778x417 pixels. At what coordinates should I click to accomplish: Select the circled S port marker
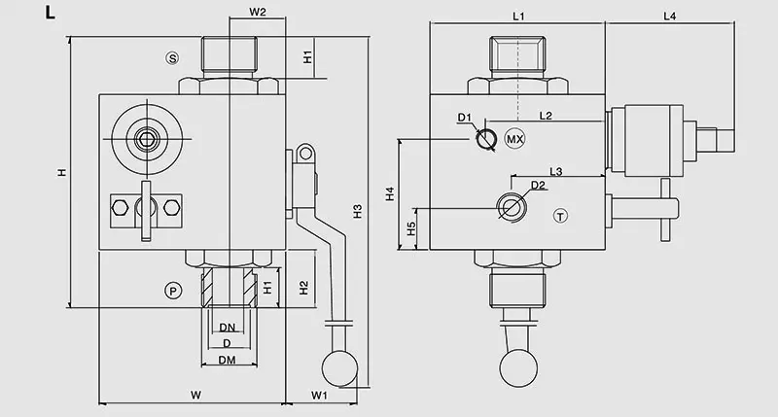tap(172, 58)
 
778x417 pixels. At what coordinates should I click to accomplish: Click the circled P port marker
tap(172, 291)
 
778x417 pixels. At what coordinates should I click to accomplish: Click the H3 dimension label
tap(357, 211)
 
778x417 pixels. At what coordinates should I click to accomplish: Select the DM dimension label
tap(227, 361)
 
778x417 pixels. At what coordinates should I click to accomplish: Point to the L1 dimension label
tap(518, 17)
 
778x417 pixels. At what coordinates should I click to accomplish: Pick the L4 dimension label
tap(670, 17)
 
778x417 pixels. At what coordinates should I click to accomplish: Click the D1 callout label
tap(464, 119)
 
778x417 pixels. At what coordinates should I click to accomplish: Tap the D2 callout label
tap(539, 186)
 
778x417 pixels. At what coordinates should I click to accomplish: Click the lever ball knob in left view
tap(339, 367)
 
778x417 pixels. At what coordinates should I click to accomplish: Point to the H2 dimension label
tap(304, 288)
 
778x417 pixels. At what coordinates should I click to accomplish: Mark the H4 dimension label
tap(389, 193)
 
